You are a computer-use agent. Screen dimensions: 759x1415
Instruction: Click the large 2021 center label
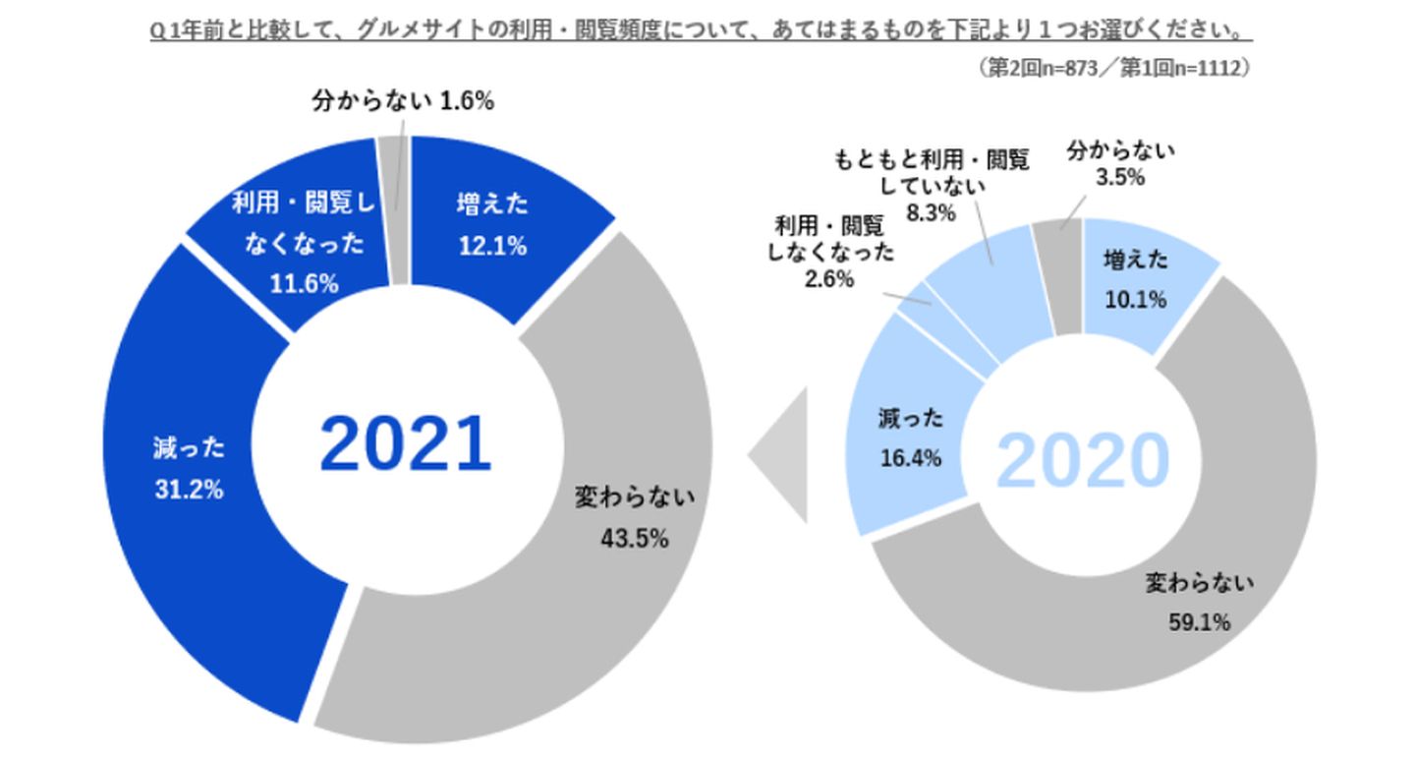[405, 443]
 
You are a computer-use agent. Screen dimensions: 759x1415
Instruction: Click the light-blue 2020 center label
[1083, 458]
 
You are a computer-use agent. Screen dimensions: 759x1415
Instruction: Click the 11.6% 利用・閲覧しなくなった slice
[295, 246]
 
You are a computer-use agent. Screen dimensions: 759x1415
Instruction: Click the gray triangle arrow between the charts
[781, 454]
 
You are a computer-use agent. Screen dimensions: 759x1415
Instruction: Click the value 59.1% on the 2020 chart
[1200, 622]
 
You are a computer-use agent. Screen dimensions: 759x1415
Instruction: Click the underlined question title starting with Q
[699, 31]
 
